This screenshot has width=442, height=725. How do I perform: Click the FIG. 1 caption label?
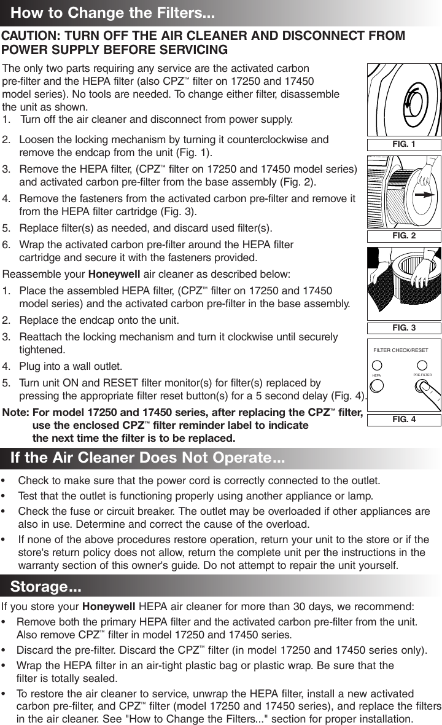pyautogui.click(x=404, y=145)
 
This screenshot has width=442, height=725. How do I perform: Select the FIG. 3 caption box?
pyautogui.click(x=404, y=328)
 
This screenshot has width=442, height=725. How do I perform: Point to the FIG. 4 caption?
pyautogui.click(x=404, y=420)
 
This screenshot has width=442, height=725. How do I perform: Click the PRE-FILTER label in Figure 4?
pyautogui.click(x=422, y=374)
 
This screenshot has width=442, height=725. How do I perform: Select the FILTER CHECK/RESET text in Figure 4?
pyautogui.click(x=401, y=350)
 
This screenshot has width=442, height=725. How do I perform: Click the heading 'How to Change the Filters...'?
pyautogui.click(x=113, y=13)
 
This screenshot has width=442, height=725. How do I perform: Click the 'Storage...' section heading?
pyautogui.click(x=46, y=586)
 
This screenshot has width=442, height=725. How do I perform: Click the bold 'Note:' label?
pyautogui.click(x=17, y=412)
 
